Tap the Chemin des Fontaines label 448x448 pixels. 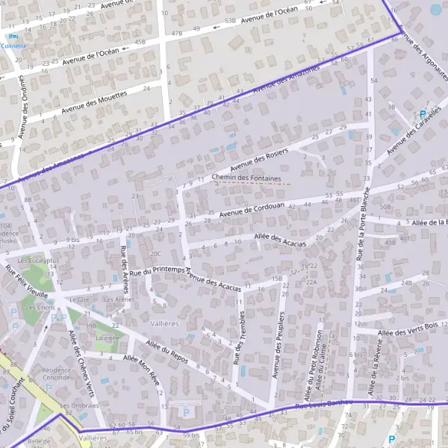point(246,178)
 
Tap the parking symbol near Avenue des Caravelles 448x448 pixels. point(422,114)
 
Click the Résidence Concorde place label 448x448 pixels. point(57,373)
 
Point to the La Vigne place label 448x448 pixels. point(107,337)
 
